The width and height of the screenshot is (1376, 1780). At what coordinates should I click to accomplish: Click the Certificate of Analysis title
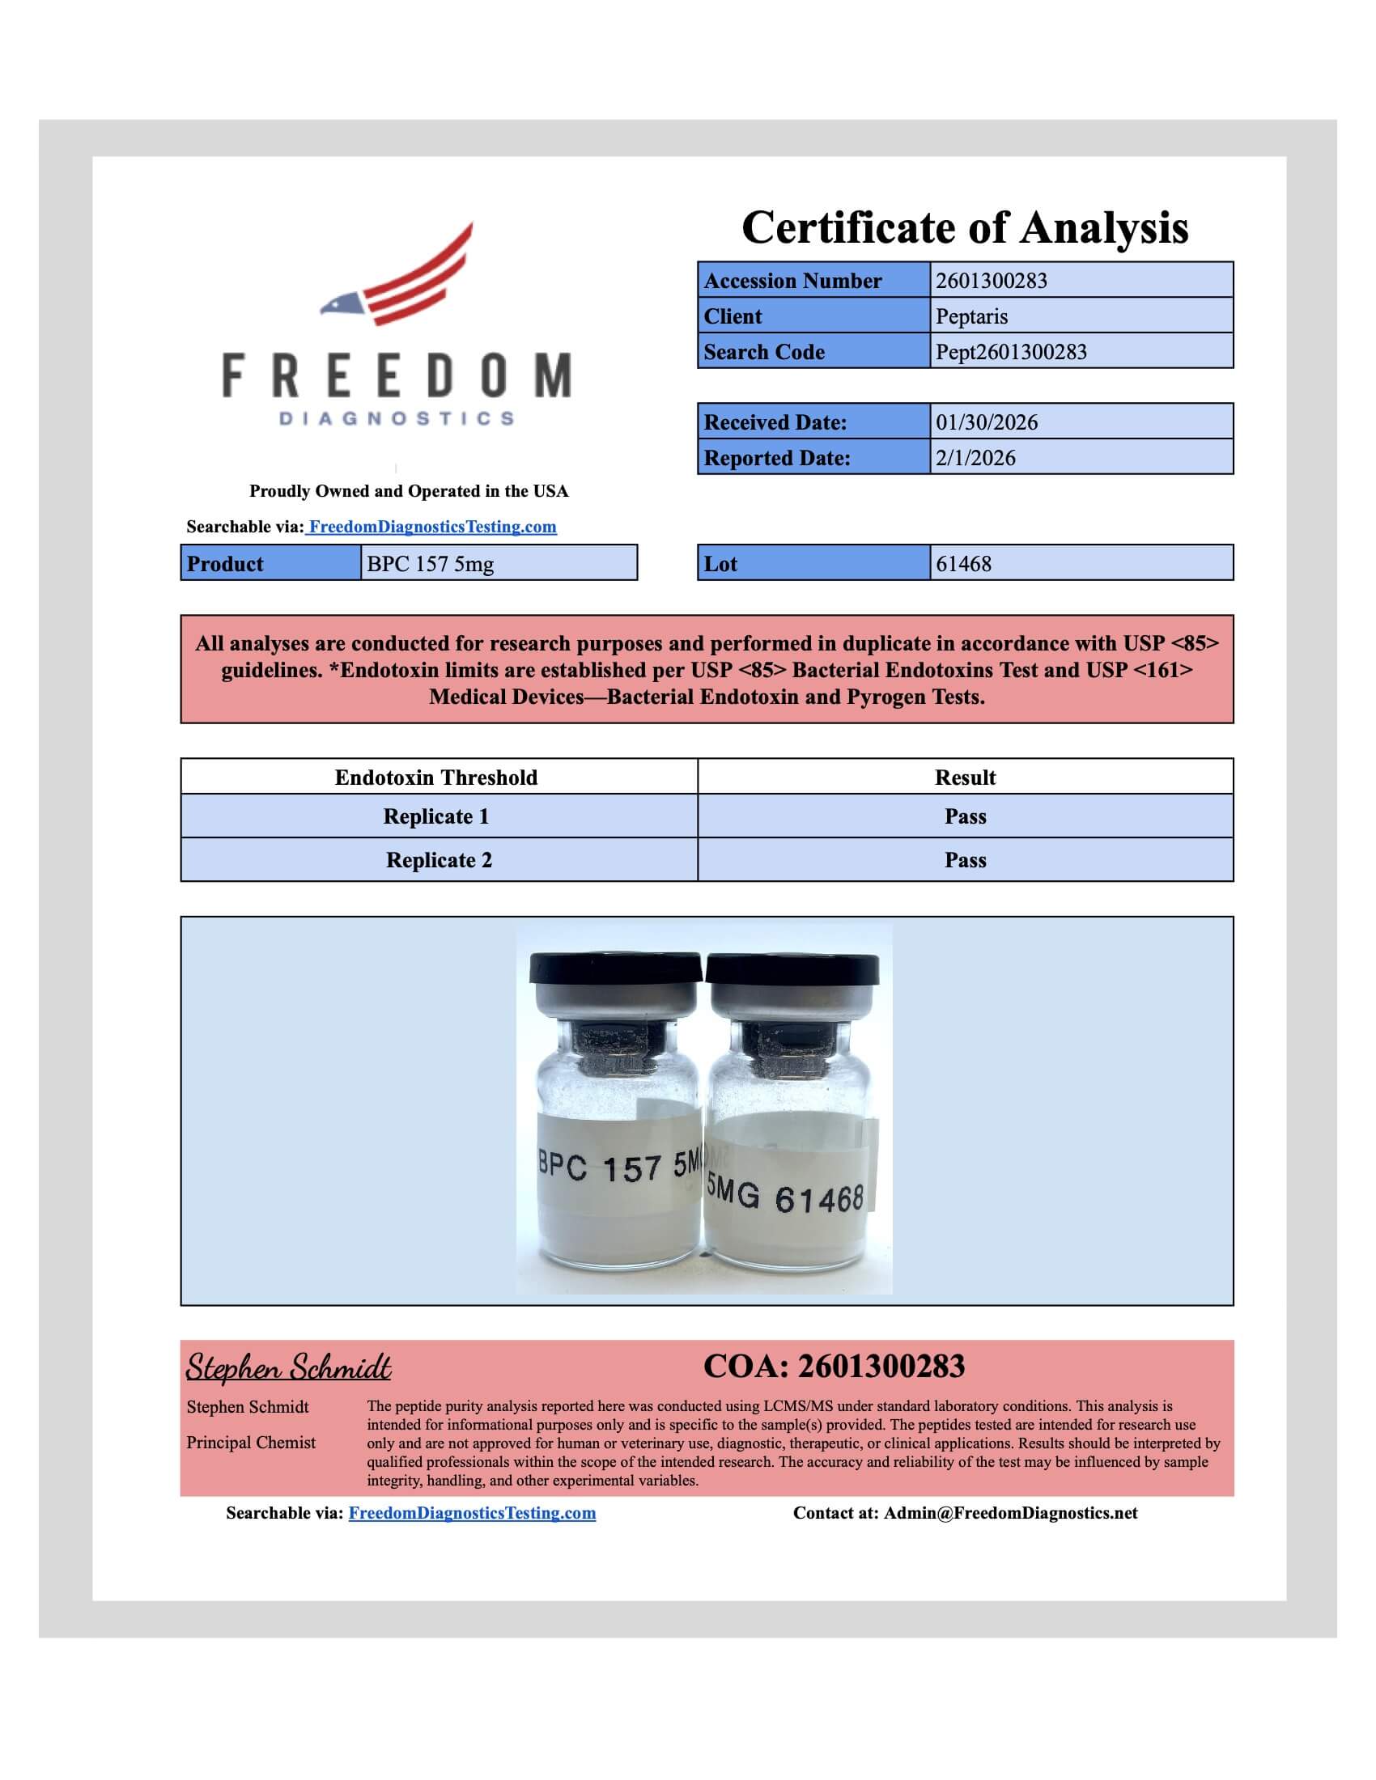tap(964, 227)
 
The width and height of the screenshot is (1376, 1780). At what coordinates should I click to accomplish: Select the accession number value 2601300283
tap(992, 282)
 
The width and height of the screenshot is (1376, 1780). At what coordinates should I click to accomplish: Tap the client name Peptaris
tap(971, 316)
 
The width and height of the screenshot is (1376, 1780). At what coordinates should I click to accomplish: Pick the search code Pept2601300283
tap(1011, 352)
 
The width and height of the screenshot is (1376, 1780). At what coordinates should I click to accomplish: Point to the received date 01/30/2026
tap(987, 422)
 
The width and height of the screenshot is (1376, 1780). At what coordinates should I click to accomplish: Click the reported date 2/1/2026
tap(975, 458)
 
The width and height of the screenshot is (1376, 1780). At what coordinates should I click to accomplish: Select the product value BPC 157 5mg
tap(430, 564)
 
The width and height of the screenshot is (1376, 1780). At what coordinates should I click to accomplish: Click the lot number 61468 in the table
tap(963, 564)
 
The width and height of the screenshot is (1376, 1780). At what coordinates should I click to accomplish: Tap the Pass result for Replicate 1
tap(965, 816)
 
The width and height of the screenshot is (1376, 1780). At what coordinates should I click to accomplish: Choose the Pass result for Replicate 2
tap(965, 861)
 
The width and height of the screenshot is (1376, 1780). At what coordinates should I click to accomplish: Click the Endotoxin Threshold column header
tap(436, 778)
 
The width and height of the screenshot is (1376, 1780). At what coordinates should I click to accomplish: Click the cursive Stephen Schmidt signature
tap(289, 1367)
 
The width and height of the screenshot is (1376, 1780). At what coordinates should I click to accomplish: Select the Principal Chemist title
tap(251, 1443)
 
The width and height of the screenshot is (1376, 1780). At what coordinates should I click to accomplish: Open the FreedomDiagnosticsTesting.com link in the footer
tap(472, 1514)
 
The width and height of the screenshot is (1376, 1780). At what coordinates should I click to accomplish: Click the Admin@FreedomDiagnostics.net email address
tap(1011, 1514)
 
